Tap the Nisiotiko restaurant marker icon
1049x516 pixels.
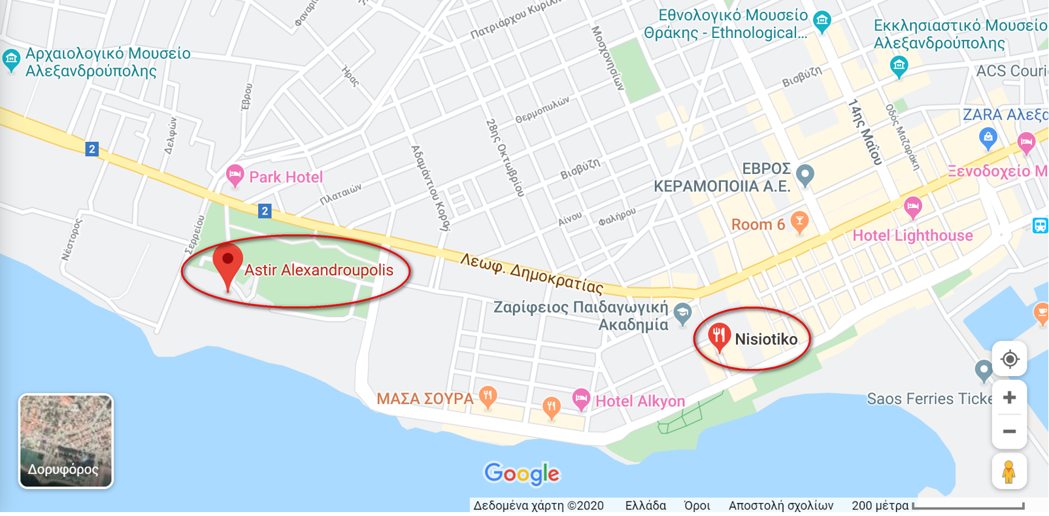tap(719, 336)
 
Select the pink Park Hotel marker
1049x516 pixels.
tap(235, 175)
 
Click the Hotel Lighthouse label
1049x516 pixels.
tap(912, 235)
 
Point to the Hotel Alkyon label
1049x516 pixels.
tap(640, 401)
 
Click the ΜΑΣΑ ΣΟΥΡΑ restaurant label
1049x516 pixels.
tap(425, 398)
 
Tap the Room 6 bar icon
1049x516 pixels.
tap(799, 221)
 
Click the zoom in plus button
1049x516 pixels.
tap(1009, 398)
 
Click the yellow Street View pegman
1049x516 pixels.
tap(1009, 472)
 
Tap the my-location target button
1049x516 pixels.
tap(1009, 359)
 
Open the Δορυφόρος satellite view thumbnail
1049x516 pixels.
tap(66, 441)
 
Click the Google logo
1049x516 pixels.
tap(522, 473)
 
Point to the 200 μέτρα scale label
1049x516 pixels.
tap(880, 506)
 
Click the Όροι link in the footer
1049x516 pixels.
tap(697, 506)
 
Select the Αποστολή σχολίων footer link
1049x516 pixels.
tap(781, 506)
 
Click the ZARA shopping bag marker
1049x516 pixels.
tap(988, 137)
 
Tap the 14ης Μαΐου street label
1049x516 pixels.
tap(865, 131)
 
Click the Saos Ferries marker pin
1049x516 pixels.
tap(983, 370)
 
